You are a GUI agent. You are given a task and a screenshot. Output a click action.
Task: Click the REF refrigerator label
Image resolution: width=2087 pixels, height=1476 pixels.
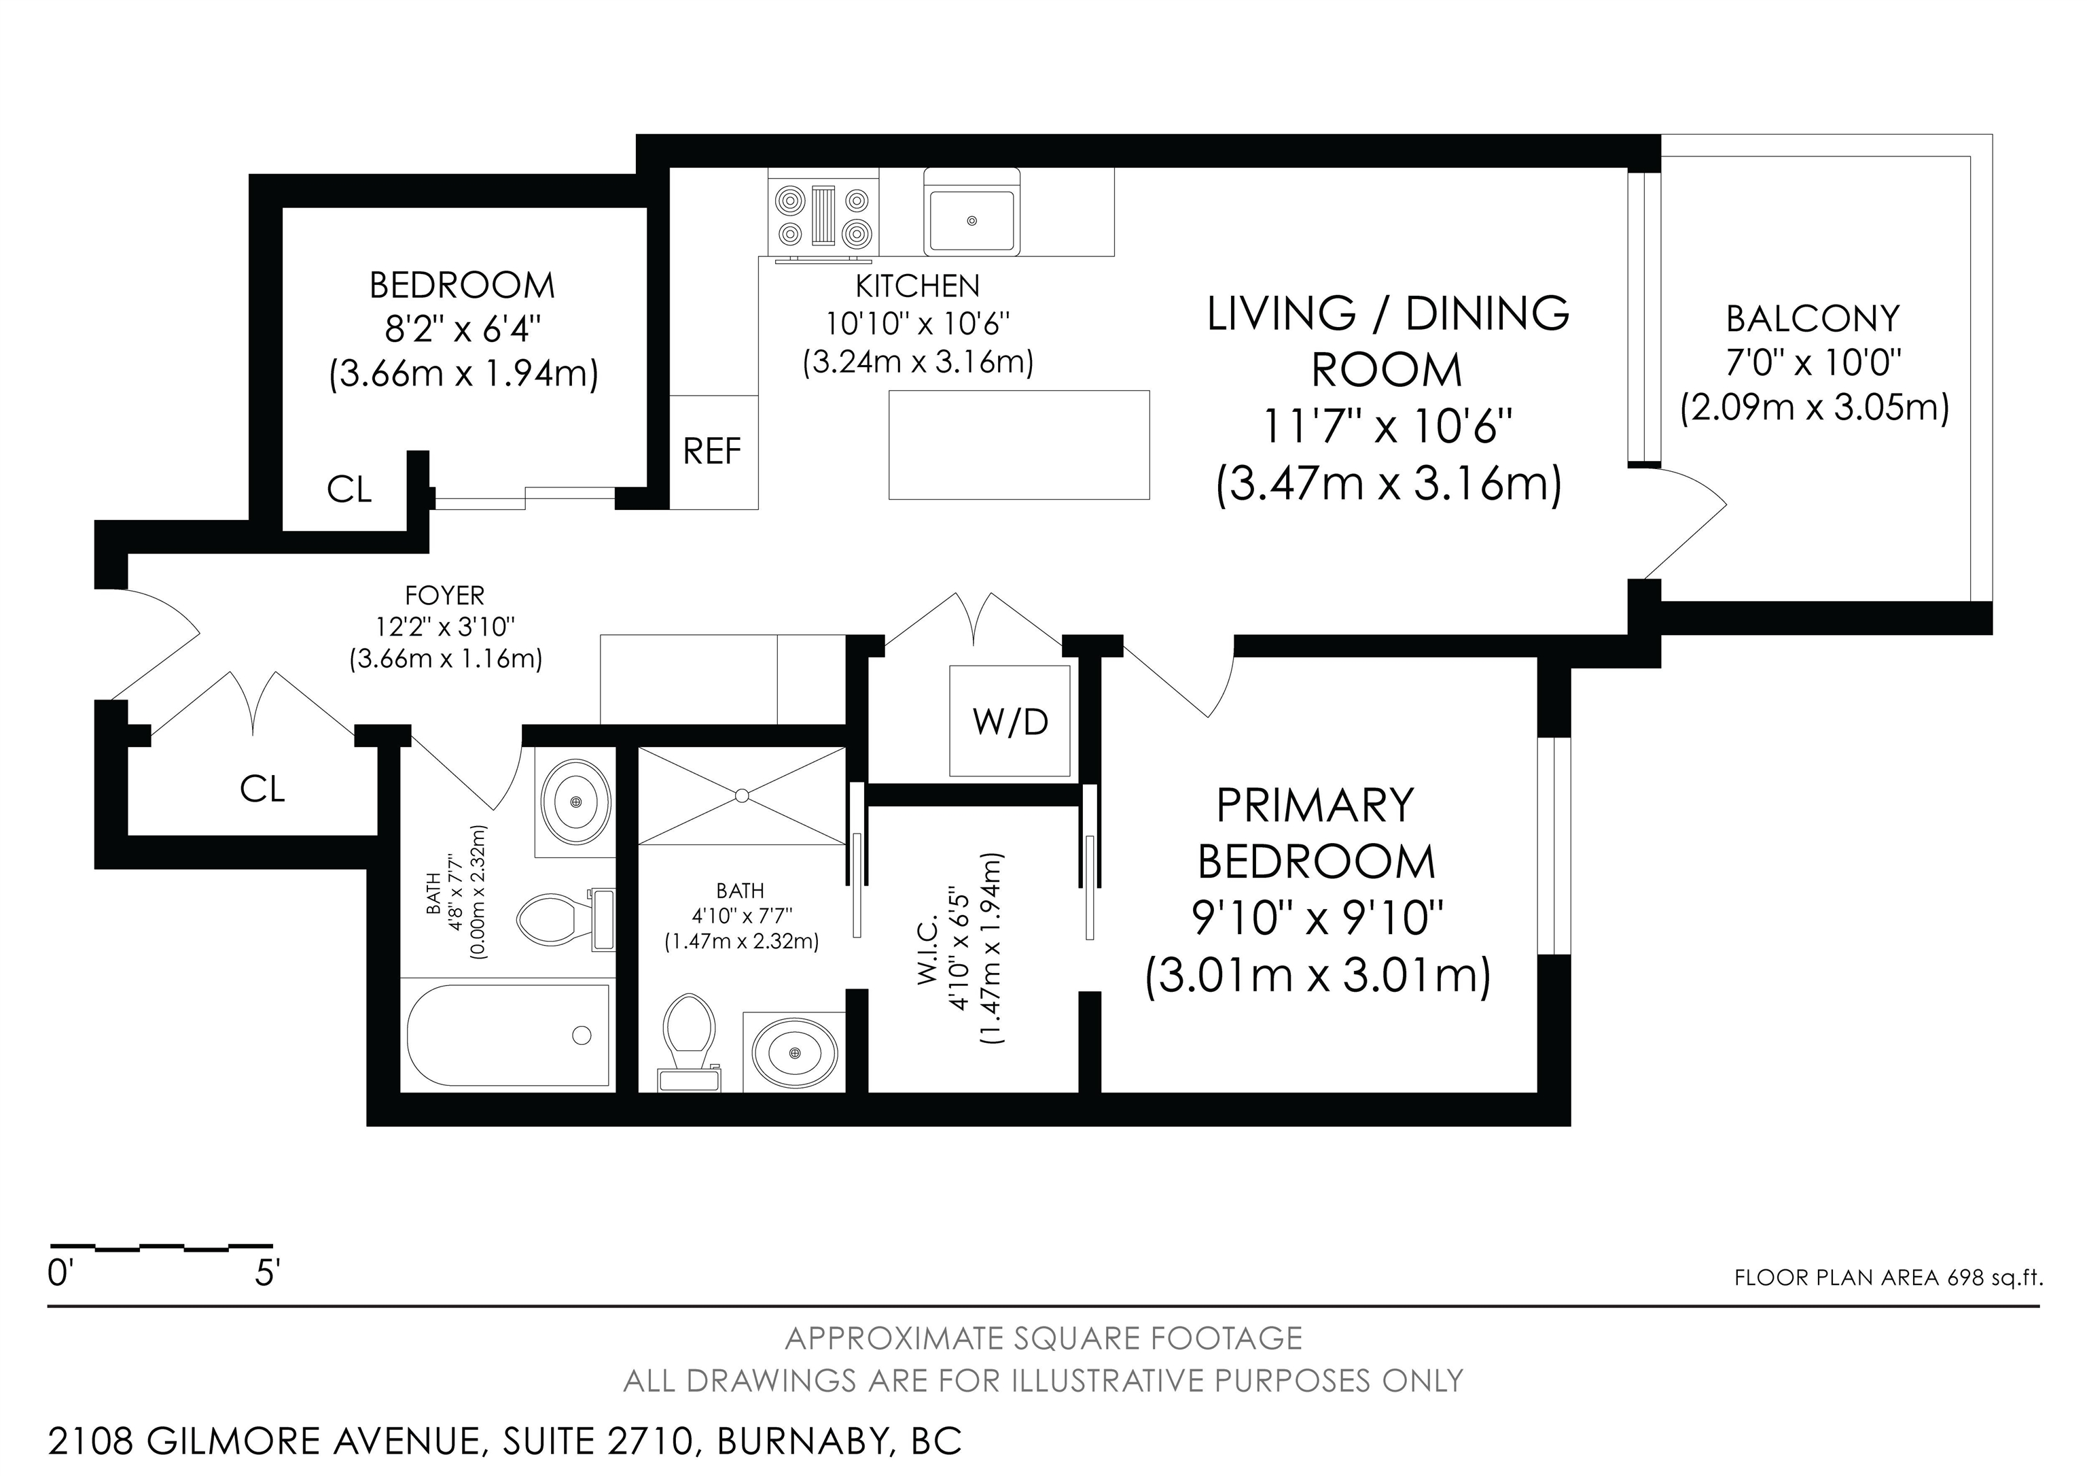(x=712, y=451)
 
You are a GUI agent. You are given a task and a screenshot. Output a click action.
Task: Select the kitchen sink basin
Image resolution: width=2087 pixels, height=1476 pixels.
(x=971, y=220)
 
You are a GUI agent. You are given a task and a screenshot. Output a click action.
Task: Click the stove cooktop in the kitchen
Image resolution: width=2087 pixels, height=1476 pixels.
(x=825, y=216)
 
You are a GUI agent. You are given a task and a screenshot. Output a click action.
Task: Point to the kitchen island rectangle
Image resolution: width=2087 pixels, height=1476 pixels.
(x=1019, y=445)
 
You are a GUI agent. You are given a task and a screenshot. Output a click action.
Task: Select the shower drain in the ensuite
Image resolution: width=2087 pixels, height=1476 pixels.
(x=742, y=795)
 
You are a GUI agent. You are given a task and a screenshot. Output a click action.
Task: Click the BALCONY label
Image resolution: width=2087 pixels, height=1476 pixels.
(x=1813, y=318)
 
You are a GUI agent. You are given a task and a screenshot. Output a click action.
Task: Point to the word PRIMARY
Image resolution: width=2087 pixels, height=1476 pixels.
(x=1315, y=805)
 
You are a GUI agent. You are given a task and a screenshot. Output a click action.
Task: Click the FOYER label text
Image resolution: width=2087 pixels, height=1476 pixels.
(x=444, y=596)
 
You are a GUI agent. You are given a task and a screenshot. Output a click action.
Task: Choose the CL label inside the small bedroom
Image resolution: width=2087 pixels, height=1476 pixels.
(x=349, y=490)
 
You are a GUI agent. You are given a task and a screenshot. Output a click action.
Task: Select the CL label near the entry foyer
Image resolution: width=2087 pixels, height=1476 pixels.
(x=263, y=789)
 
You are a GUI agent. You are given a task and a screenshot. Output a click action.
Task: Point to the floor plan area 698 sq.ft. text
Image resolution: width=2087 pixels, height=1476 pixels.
(x=1888, y=1277)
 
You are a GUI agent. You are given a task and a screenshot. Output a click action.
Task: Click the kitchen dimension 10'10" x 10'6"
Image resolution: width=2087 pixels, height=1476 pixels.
(x=917, y=324)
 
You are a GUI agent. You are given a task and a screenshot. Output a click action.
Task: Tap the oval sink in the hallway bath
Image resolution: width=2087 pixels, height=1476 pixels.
(x=575, y=801)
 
